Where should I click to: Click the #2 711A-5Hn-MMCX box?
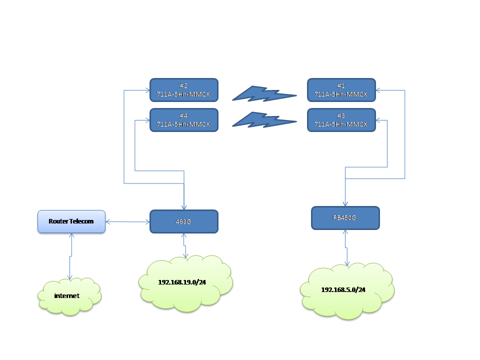coord(184,90)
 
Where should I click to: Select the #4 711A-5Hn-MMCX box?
coord(184,120)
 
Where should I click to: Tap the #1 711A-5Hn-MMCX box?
coord(341,90)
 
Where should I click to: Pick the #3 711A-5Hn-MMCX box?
coord(341,120)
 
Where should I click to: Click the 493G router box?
coord(184,221)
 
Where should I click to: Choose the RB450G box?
coord(345,218)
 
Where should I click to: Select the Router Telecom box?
coord(71,221)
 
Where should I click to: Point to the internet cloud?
coord(69,296)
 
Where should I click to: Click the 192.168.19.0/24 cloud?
coord(184,282)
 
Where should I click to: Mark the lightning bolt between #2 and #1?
coord(263,93)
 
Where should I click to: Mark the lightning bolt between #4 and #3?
coord(263,119)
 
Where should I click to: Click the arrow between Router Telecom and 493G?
coord(128,221)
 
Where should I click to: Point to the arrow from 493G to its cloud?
coord(185,245)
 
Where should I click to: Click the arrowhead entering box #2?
coord(147,90)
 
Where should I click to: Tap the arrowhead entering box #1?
coord(378,90)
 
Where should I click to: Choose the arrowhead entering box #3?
coord(378,120)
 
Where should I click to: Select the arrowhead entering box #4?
coord(147,120)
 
